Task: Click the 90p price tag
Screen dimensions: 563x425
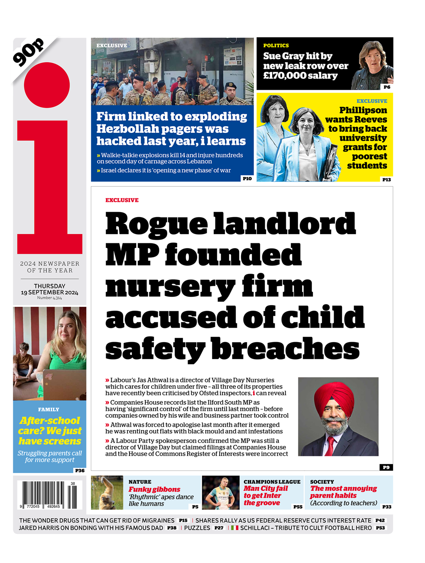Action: point(28,52)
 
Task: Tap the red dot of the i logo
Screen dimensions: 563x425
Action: point(46,85)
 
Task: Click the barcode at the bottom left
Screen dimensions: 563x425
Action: point(49,494)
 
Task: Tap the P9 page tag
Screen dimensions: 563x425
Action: point(386,467)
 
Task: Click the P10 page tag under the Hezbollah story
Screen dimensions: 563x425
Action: point(247,179)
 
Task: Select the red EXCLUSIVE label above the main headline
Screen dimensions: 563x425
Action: point(122,200)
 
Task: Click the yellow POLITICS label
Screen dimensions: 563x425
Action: point(276,46)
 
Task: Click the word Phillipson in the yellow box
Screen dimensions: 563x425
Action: point(363,110)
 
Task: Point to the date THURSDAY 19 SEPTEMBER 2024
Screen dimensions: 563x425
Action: point(49,289)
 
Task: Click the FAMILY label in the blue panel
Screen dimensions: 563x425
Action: point(49,409)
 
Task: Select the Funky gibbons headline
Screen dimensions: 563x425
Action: point(154,490)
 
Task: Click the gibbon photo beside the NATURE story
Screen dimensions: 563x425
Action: point(107,492)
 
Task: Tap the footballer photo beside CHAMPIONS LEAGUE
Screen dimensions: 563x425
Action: point(220,492)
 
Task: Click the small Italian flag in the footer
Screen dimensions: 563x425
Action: point(234,528)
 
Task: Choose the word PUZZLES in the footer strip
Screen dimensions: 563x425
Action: point(197,528)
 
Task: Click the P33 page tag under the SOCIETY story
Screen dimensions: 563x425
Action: point(387,507)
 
